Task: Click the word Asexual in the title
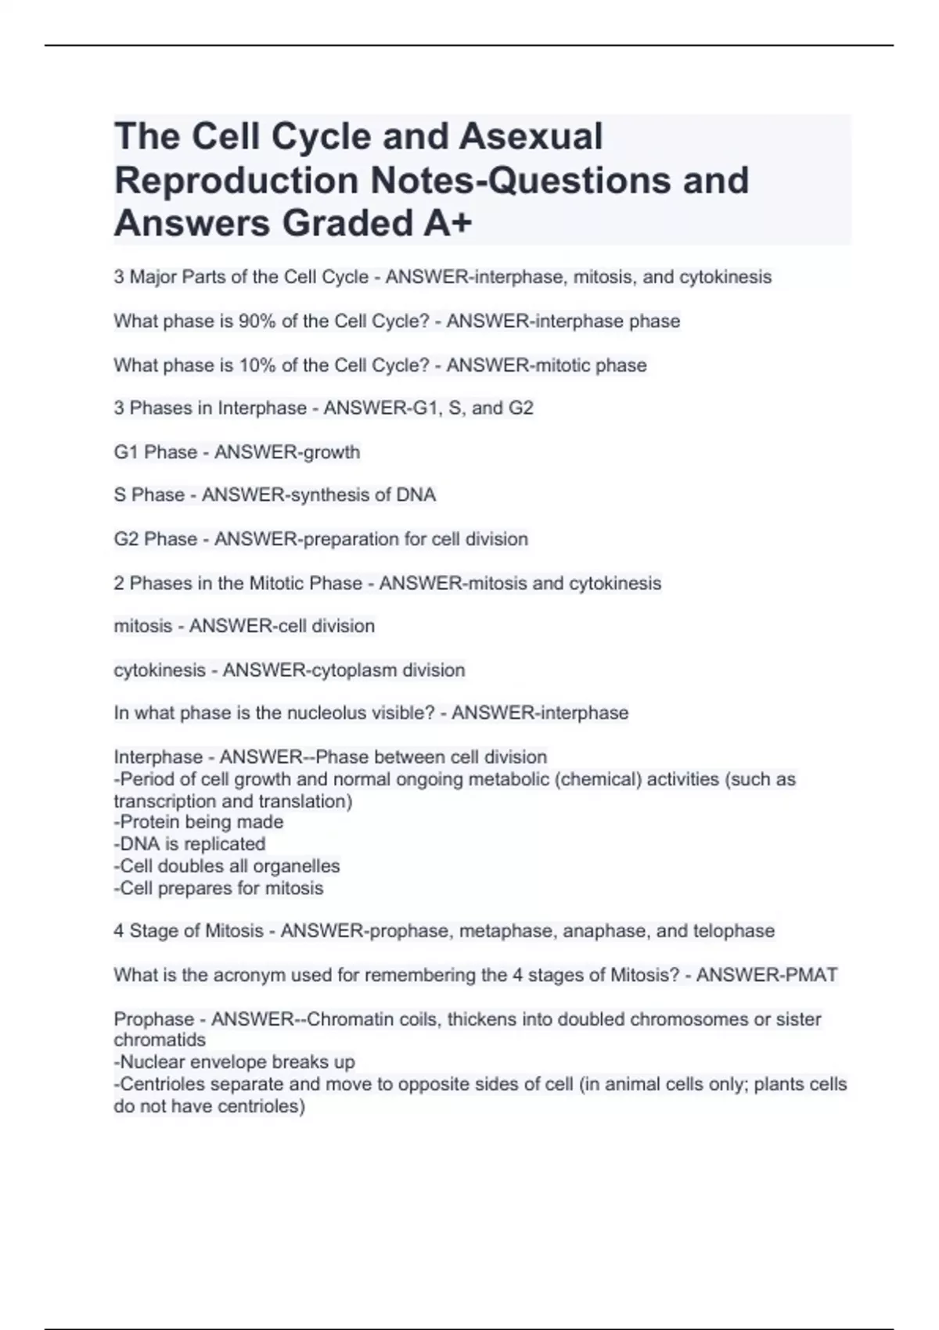point(531,136)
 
